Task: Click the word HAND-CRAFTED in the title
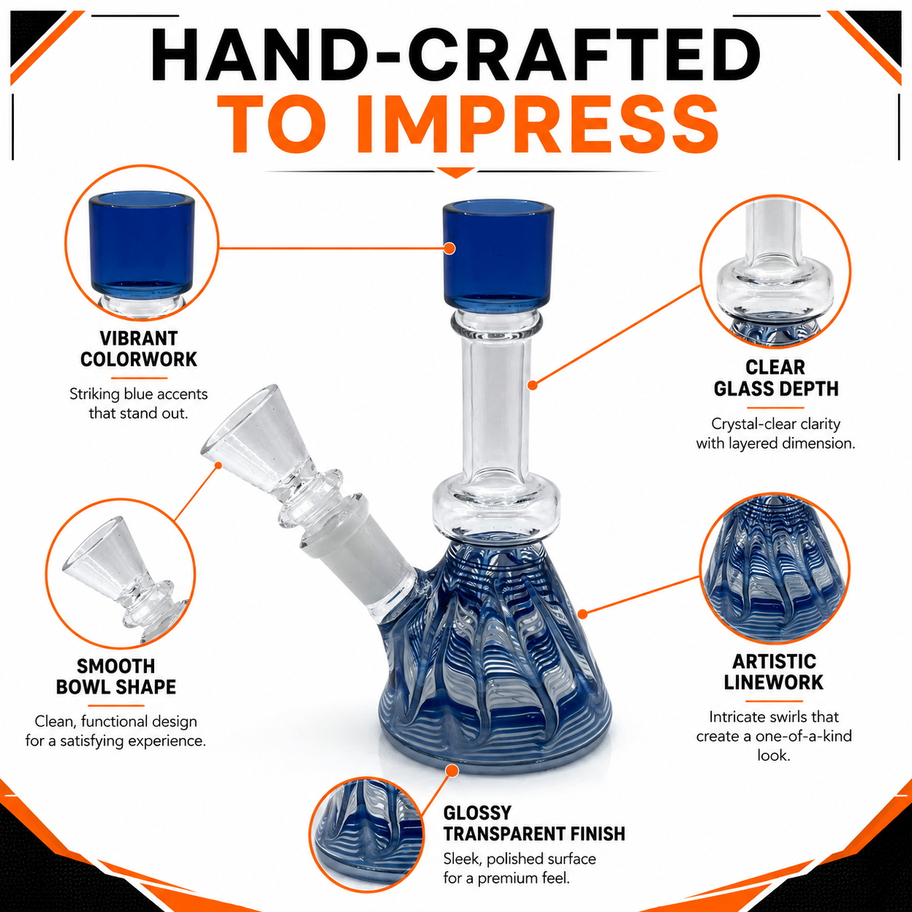[455, 55]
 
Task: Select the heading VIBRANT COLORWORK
[138, 349]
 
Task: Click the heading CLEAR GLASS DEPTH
[776, 378]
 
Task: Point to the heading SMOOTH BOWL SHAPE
[116, 676]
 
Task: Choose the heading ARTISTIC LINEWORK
[773, 672]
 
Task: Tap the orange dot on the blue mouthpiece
[449, 248]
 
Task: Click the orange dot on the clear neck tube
[533, 385]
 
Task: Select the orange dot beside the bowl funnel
[218, 465]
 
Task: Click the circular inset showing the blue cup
[142, 243]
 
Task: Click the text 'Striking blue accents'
[139, 393]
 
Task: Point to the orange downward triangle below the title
[456, 173]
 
